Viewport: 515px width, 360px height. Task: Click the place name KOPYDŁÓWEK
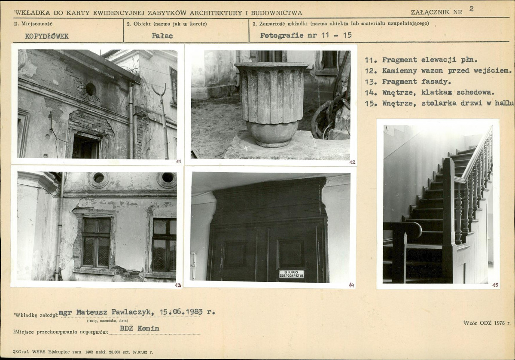coord(47,36)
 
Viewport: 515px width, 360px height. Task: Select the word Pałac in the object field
coord(162,36)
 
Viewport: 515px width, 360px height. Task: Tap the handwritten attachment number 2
coord(471,9)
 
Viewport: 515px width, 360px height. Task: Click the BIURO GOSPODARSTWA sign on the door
coord(291,274)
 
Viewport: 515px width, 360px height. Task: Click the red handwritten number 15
coord(495,285)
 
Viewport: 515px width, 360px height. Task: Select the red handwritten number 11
coord(178,161)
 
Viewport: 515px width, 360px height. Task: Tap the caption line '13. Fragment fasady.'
coord(408,82)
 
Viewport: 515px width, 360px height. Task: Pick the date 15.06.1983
coord(181,312)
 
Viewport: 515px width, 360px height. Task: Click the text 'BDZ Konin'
coord(139,328)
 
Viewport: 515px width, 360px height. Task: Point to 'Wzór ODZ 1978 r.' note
coord(487,323)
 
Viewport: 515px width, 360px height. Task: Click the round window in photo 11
coord(91,89)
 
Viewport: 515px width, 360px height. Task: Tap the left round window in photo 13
coord(98,178)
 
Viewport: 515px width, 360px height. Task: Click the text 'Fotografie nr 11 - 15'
coord(306,36)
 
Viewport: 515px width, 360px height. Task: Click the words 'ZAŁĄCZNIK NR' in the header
coord(436,12)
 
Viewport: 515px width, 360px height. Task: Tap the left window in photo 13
coord(96,242)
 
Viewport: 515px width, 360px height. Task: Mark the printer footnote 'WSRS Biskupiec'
coord(54,352)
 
